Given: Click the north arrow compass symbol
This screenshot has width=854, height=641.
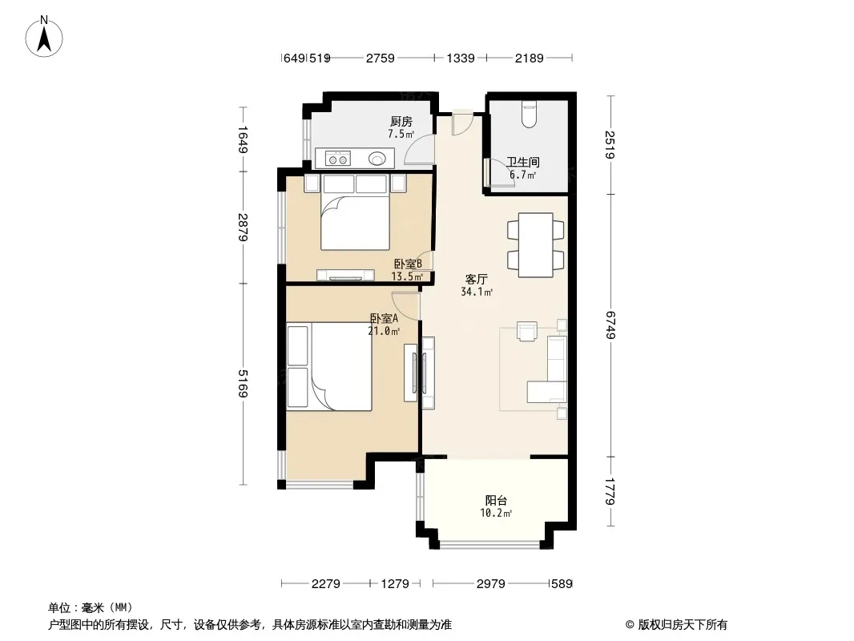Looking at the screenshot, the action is click(44, 37).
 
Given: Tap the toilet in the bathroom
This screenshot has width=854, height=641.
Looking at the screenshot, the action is click(529, 114).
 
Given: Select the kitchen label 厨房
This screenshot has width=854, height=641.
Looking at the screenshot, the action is click(401, 122).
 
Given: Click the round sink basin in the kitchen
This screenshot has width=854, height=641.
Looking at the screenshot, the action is click(377, 159).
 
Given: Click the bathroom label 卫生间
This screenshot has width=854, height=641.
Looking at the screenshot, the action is click(523, 162).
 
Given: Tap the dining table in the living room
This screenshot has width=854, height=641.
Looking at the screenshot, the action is click(536, 245).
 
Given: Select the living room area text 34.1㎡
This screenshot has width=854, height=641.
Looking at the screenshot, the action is click(477, 292).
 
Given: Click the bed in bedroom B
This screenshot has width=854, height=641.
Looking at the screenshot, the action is click(355, 212).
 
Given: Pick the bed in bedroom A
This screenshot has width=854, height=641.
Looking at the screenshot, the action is click(329, 366).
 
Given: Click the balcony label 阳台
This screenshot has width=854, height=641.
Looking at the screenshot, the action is click(496, 500).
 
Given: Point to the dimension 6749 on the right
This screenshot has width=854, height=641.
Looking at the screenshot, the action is click(610, 325).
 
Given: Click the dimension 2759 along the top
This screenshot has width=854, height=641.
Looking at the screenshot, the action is click(381, 58).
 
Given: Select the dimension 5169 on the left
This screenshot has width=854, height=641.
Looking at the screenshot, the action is click(243, 384).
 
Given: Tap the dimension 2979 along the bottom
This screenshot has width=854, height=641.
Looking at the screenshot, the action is click(491, 584).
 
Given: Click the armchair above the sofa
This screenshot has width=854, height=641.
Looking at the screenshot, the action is click(527, 331).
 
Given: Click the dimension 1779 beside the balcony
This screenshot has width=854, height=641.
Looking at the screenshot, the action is click(610, 491).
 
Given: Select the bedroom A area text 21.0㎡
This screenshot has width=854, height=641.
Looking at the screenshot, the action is click(384, 331).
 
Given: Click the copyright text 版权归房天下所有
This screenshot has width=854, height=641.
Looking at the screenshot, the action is click(683, 625).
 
